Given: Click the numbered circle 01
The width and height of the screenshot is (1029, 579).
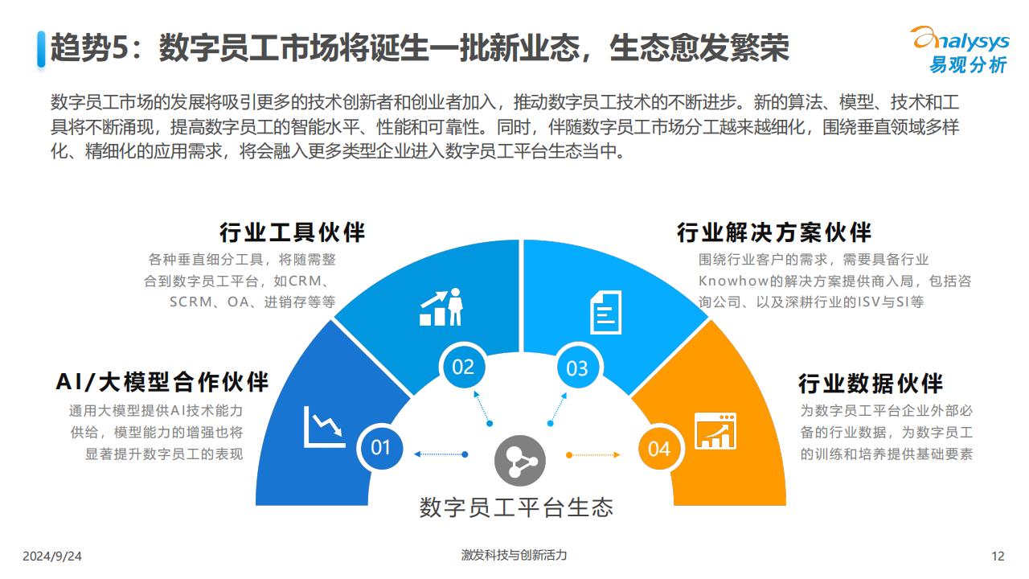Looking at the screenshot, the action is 380,447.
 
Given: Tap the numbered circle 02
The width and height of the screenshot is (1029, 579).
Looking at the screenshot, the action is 462,367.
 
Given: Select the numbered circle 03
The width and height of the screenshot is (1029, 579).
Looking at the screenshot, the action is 577,368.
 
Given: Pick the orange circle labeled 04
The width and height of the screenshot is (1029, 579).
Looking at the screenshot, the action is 659,449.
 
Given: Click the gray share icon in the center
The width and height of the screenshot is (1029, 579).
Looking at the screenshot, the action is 520,461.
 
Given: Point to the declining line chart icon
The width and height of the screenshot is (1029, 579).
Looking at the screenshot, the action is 324,427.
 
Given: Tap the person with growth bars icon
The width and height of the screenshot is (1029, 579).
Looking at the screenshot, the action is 441,307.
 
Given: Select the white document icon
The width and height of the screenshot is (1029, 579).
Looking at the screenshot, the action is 605,312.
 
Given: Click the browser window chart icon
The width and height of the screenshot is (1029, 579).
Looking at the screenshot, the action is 715,430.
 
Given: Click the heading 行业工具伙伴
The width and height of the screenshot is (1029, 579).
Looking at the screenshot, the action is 292,232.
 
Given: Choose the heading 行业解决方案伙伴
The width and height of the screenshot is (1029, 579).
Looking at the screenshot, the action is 774,232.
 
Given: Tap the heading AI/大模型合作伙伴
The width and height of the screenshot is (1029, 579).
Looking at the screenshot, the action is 162,382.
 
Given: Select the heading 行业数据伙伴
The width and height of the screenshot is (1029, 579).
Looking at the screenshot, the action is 871,384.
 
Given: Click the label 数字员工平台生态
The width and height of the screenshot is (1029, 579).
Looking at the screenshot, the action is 516,507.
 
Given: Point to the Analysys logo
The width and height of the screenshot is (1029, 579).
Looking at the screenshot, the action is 960,50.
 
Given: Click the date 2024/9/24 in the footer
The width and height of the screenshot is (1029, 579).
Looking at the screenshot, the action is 52,556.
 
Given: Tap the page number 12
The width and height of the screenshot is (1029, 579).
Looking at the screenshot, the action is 998,556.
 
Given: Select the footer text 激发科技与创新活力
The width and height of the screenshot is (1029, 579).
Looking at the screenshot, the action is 514,555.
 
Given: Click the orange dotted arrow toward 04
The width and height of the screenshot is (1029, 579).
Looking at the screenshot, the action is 593,455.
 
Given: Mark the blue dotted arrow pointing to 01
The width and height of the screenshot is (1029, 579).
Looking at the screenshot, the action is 441,454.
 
